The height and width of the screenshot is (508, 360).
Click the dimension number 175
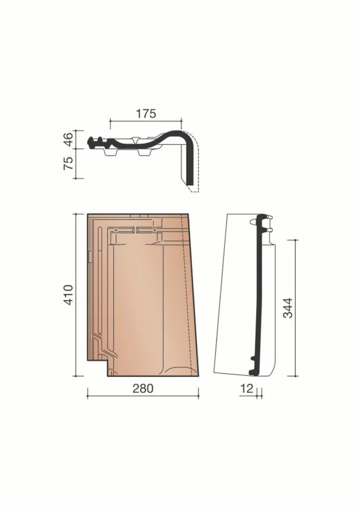coord(146,114)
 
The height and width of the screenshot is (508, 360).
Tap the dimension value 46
coord(69,139)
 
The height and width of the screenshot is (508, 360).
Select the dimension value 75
coord(69,164)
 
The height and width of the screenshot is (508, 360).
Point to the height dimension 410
coord(69,294)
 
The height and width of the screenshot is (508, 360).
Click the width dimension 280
coord(143,388)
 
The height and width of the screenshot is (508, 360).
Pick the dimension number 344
coord(287,308)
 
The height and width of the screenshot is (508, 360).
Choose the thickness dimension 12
coord(247,388)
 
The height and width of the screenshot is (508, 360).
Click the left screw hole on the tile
coord(116,230)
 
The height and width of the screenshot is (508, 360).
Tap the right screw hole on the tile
coord(155,230)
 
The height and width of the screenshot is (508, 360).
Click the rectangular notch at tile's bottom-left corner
coord(98,368)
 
